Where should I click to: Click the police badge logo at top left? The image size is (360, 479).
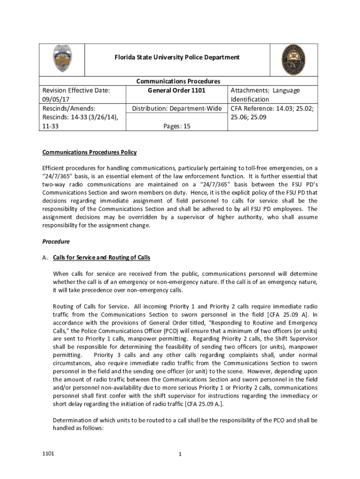point(62,59)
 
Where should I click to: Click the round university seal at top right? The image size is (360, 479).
point(294,59)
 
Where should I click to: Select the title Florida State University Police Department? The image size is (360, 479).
point(177,57)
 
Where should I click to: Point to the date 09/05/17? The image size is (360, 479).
point(57,100)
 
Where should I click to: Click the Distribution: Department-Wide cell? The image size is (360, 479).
point(177,109)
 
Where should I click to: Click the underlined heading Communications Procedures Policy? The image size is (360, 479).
point(89,152)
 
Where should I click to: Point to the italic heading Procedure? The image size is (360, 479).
point(56,241)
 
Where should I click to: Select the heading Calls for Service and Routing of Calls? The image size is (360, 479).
point(101,258)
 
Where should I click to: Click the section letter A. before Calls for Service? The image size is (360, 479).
point(45,258)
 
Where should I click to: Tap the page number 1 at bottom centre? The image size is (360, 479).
point(180,454)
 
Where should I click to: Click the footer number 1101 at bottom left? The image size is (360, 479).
point(48,454)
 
